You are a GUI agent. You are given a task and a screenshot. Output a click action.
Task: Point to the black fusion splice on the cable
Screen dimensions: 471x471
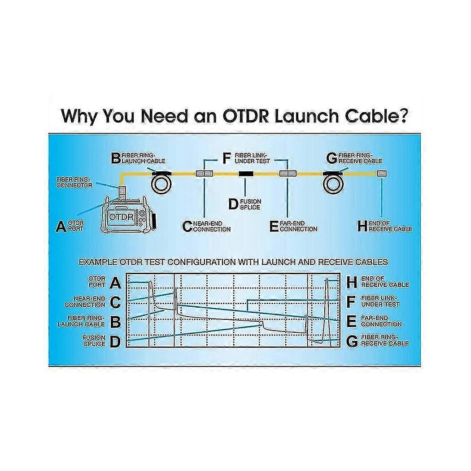click(245, 173)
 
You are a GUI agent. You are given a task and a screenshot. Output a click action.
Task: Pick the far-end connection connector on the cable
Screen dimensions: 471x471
click(287, 173)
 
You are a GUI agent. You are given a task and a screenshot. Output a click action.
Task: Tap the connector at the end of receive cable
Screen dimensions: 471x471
click(382, 173)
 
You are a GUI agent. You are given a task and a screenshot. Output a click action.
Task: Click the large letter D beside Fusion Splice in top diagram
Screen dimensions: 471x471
click(232, 205)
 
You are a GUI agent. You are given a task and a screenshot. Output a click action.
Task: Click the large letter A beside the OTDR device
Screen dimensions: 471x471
click(61, 226)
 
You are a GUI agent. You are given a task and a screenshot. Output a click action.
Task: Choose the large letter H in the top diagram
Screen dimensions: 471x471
click(362, 226)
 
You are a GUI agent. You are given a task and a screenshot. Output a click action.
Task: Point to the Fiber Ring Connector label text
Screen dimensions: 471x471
click(74, 182)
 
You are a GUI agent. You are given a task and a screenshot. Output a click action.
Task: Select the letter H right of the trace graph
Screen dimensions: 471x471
click(353, 282)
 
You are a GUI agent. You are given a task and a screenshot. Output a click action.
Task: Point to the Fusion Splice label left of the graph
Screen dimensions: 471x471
click(94, 340)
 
